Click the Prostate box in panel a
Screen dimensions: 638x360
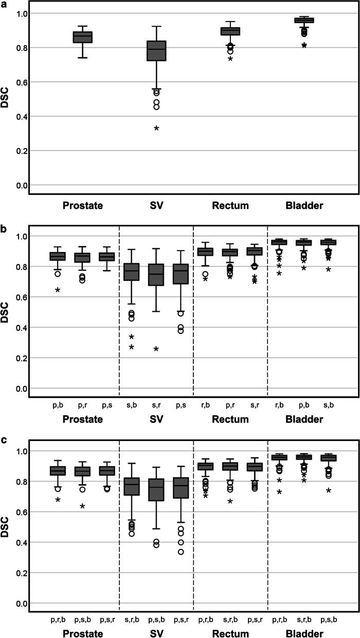tap(82, 37)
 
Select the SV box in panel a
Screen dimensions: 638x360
tap(156, 50)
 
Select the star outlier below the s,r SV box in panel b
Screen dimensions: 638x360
tap(156, 350)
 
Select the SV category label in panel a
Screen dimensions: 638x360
tap(156, 206)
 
